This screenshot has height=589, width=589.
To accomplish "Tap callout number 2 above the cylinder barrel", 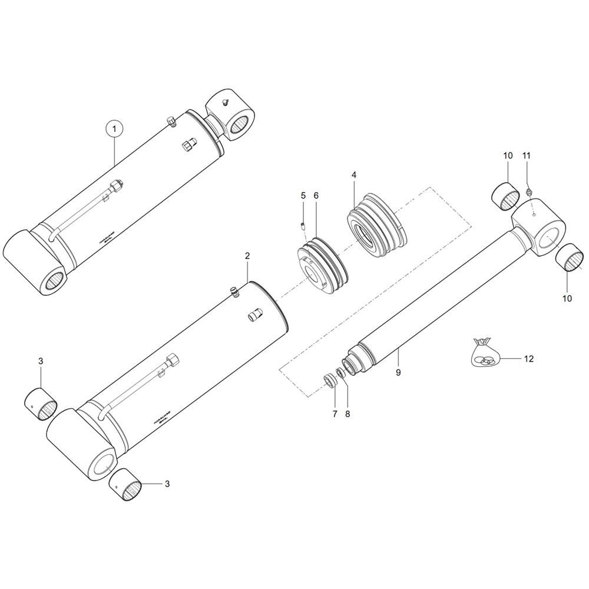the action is (x=247, y=256).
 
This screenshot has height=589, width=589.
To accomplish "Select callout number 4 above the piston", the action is (x=354, y=176).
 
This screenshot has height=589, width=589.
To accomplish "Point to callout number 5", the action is (x=303, y=195).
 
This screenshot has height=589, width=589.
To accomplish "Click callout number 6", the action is (x=316, y=195).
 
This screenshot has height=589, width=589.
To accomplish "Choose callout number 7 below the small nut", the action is (x=334, y=414).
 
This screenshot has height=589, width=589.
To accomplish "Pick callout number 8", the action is (x=347, y=414).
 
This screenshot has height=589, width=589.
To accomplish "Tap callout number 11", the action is (x=527, y=156).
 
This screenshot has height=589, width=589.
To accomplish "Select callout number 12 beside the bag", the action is (x=528, y=359).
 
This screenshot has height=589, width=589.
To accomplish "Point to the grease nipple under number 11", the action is (x=529, y=191).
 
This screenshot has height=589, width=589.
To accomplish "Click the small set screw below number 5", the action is (x=303, y=224).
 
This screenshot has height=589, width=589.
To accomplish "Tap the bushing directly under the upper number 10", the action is (x=506, y=196).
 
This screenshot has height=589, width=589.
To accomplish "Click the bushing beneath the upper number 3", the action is (x=41, y=405).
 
